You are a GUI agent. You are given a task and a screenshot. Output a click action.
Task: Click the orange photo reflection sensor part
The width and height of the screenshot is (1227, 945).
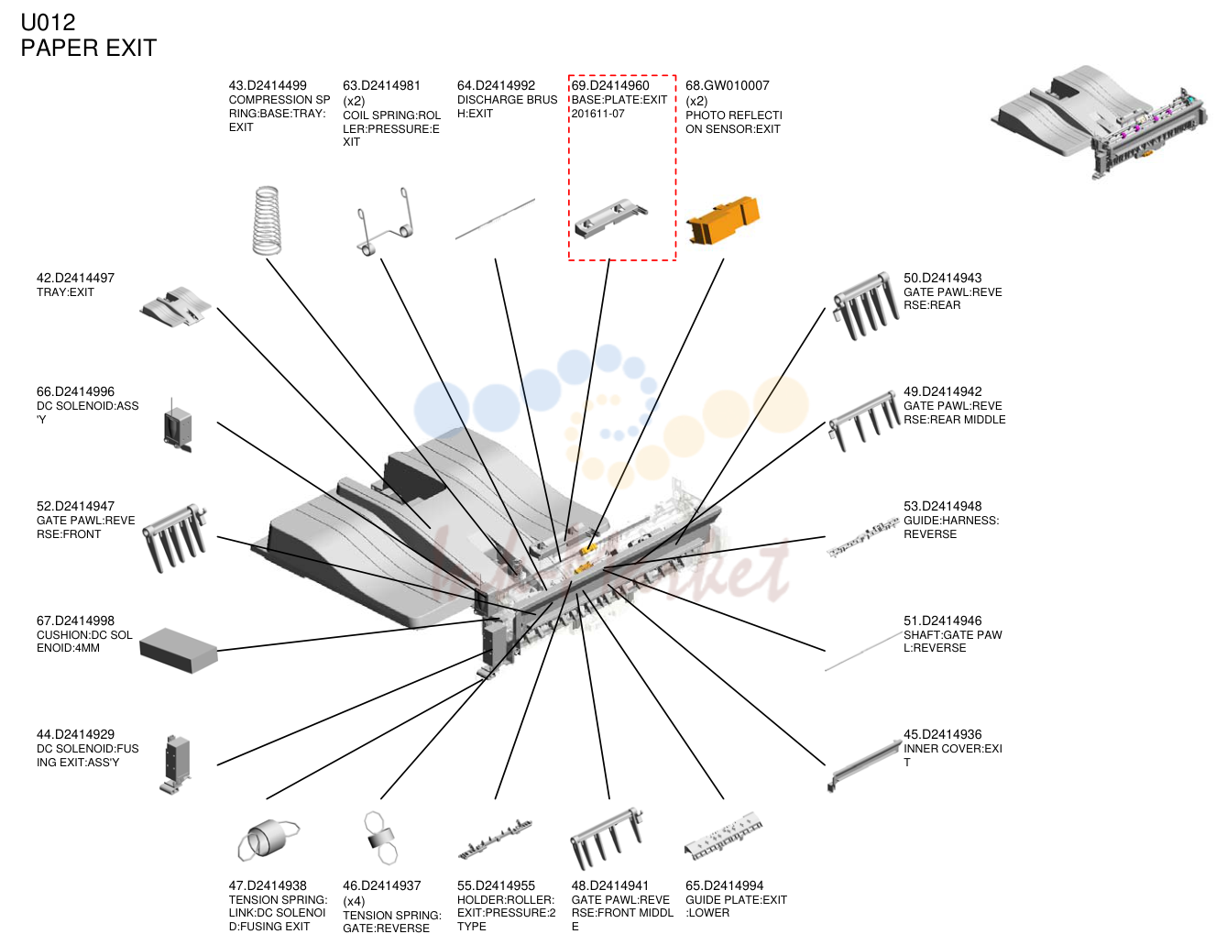723,220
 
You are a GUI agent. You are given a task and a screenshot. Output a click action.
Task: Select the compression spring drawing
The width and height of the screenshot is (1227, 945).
267,220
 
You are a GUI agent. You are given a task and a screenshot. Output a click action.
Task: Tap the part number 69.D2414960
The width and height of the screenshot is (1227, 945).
609,86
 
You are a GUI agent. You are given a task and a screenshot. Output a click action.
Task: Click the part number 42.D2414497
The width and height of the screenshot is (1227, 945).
76,279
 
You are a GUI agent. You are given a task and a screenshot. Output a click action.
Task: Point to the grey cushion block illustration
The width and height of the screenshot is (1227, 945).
179,651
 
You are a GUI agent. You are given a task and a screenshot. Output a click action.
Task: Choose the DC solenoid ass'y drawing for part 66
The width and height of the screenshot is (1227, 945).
177,425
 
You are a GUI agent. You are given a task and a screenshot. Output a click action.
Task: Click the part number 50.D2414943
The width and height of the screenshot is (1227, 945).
942,279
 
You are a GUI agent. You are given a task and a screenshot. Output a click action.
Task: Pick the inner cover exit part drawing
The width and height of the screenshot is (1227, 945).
863,765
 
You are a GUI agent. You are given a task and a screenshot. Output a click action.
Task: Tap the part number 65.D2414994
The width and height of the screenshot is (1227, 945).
725,885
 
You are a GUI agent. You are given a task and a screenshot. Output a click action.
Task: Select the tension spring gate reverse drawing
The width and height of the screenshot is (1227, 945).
380,838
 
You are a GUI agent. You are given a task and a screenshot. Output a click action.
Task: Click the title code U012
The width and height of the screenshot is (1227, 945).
48,23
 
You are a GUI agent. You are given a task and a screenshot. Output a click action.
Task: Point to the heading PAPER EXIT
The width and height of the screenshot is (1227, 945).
89,48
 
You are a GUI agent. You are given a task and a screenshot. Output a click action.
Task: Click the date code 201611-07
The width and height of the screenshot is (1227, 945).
597,114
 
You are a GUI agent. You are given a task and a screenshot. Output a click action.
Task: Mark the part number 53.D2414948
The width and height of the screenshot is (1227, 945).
942,506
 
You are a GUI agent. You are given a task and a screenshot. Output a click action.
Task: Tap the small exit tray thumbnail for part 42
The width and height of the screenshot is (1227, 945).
176,306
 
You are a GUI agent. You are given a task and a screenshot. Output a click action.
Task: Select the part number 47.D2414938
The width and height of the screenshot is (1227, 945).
268,885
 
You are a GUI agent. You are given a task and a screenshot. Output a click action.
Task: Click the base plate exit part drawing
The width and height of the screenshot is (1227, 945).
611,218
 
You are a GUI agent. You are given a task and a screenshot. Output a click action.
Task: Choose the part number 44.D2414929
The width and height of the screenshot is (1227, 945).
76,734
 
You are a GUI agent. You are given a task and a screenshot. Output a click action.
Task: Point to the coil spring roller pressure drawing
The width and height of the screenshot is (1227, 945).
385,221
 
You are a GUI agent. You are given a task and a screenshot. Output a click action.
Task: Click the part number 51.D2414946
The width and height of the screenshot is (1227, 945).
942,621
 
